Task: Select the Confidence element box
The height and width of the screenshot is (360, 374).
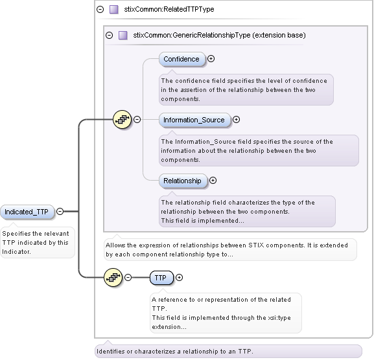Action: pos(181,59)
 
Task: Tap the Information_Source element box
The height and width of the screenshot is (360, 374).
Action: pos(194,120)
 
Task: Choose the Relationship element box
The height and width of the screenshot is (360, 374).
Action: pos(182,181)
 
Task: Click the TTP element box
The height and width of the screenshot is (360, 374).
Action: pos(160,278)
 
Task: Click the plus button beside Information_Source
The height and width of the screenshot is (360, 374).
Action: pos(236,119)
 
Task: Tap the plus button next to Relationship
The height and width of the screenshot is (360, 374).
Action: pos(213,181)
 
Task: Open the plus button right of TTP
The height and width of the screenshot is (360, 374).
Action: pos(180,278)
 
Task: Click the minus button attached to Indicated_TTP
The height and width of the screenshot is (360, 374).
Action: pos(60,211)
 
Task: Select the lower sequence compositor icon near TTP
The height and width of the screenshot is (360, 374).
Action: pos(113,277)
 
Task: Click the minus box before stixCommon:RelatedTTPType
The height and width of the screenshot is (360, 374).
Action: pos(100,10)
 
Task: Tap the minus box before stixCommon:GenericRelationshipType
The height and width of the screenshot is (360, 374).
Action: pos(109,35)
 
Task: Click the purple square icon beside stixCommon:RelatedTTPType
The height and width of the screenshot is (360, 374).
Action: pos(114,10)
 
